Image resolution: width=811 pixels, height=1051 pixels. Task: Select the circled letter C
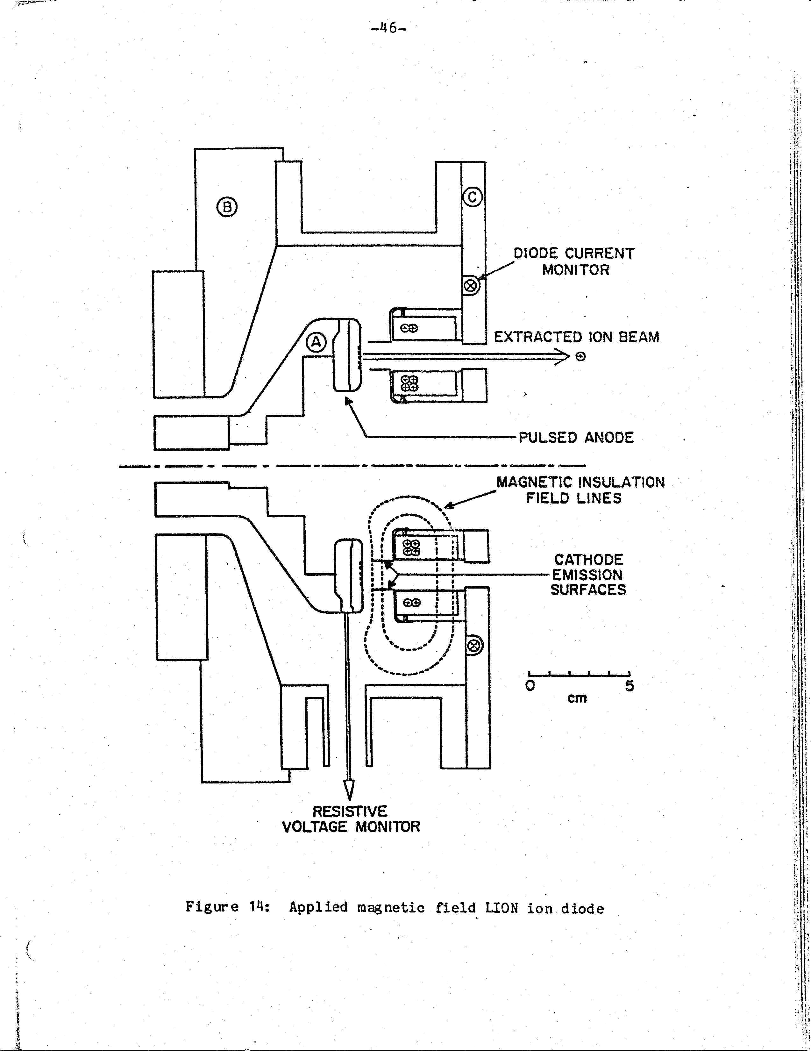click(472, 197)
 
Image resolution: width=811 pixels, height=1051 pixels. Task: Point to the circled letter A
click(316, 342)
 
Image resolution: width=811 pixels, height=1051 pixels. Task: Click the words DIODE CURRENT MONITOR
click(574, 261)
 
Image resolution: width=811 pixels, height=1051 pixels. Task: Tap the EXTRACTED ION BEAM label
click(576, 337)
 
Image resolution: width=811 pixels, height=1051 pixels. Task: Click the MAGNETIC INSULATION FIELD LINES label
click(580, 490)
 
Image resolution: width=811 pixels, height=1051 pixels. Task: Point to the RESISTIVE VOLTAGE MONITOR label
click(351, 819)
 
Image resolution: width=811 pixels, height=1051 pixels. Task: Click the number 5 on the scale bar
click(630, 686)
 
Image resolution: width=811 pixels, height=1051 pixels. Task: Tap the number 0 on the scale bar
click(530, 685)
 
